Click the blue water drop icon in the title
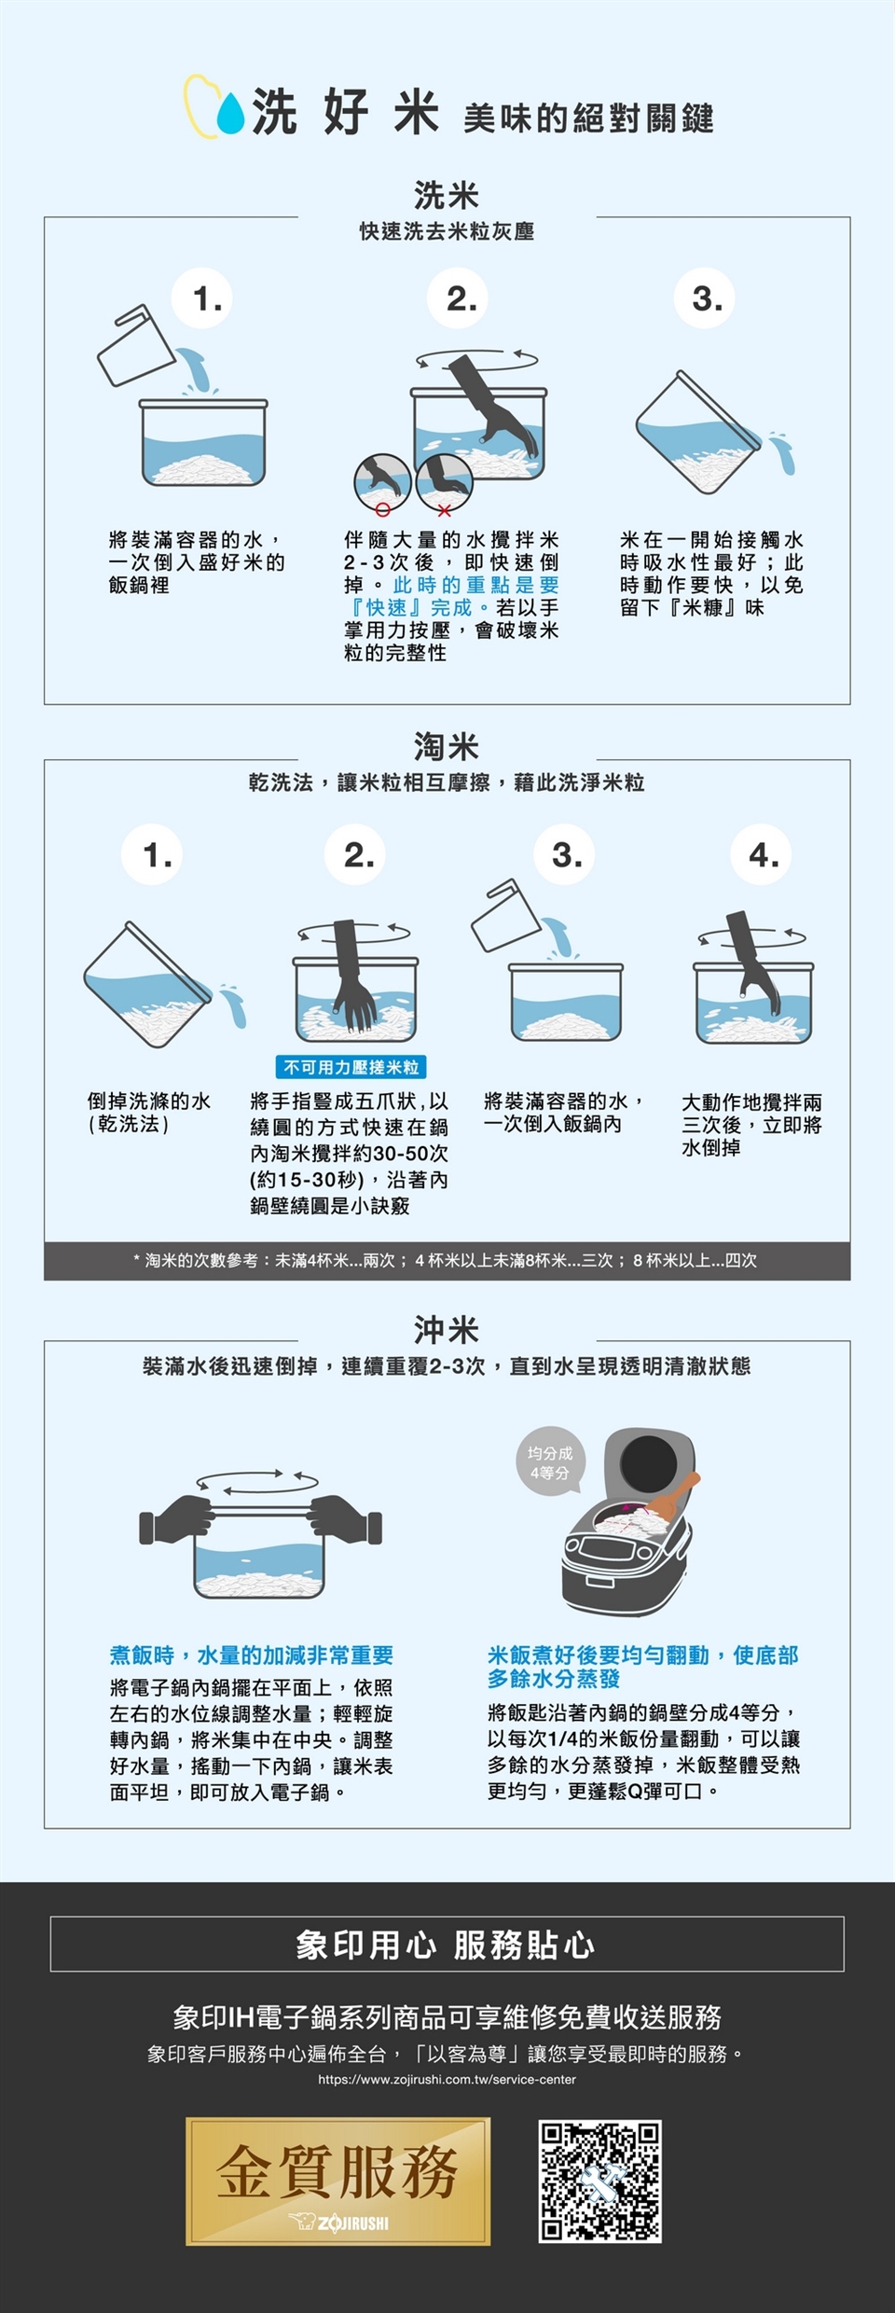click(230, 113)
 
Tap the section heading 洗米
click(447, 196)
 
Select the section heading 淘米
click(447, 747)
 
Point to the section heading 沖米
click(447, 1329)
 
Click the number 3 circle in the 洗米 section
click(707, 298)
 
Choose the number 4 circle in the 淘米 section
click(764, 854)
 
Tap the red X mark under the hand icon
click(445, 510)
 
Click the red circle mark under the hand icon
click(382, 510)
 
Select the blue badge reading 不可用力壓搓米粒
click(351, 1067)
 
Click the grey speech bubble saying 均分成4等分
click(550, 1463)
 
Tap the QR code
click(600, 2181)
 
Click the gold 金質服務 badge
click(337, 2181)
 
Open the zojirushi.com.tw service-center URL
click(447, 2079)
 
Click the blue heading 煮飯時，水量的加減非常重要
click(252, 1655)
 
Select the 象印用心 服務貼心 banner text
click(447, 1945)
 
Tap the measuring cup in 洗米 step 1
click(135, 345)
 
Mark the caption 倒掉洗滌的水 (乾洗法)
click(149, 1113)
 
